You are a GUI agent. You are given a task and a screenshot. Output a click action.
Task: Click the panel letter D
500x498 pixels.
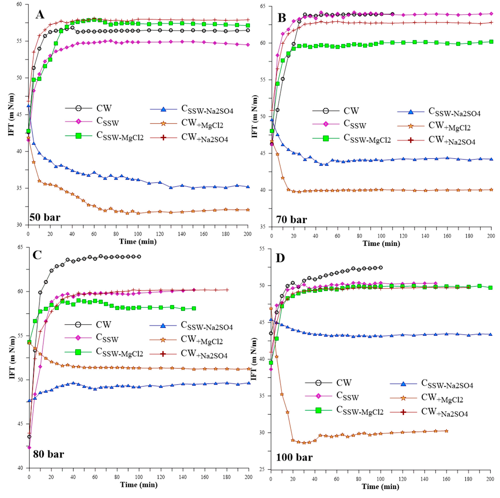(x=281, y=259)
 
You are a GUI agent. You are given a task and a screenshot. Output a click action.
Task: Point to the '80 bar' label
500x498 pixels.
(x=48, y=454)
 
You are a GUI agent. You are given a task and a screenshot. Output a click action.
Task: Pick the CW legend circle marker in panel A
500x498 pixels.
(x=78, y=108)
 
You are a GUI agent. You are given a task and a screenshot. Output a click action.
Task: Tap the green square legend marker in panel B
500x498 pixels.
(x=326, y=138)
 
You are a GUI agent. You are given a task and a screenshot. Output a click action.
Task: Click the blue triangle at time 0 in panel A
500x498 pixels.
(x=28, y=106)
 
